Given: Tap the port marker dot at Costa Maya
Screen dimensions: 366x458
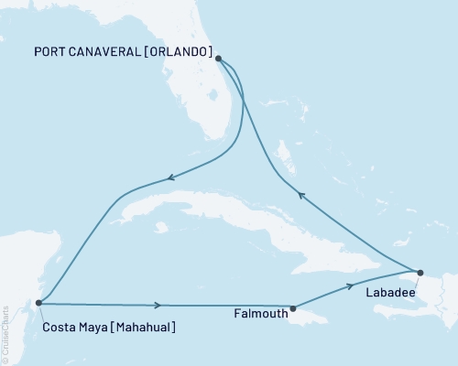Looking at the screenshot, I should coord(38,303).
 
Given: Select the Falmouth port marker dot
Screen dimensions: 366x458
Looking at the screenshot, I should coord(292,308).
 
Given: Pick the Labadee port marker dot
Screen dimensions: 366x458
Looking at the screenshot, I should coord(420,272).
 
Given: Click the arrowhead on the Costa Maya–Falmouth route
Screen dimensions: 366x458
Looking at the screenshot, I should coord(159,306).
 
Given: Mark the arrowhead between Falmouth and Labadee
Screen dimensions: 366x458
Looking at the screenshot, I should coord(351,285).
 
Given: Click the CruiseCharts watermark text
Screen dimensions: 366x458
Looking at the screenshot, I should coord(6,328).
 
